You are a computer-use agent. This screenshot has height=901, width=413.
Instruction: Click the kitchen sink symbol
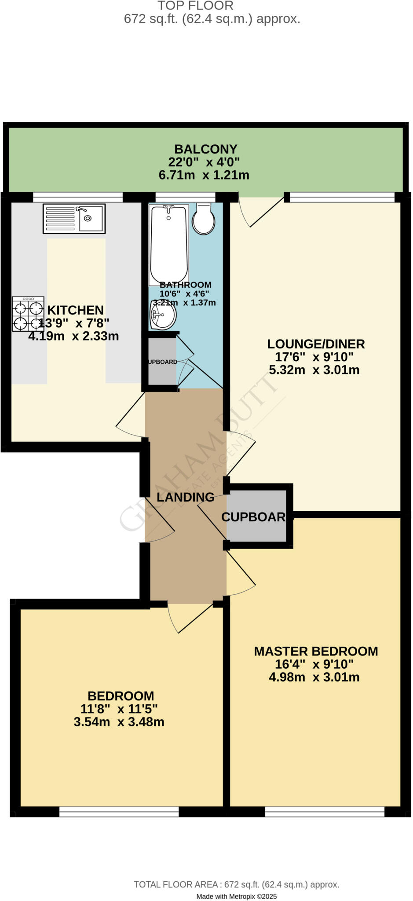74,218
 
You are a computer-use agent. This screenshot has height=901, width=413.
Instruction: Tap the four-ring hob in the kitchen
28,314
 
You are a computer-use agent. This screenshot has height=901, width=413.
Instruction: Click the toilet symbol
204,219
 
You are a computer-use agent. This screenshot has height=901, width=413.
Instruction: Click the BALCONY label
205,149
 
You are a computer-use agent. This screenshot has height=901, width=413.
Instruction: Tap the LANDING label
185,497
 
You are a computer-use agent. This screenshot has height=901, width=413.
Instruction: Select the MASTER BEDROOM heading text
316,651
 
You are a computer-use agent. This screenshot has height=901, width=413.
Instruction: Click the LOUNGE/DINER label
316,344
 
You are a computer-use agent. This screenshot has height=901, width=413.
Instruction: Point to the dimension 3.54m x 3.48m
119,722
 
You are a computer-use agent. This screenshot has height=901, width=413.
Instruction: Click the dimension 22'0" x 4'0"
204,162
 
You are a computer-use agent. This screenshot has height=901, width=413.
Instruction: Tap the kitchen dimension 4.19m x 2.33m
73,336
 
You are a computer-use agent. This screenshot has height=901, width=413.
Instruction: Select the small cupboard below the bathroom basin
162,362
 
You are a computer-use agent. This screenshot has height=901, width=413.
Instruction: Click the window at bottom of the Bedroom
119,812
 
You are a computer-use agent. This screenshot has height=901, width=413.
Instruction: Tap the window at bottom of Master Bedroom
325,812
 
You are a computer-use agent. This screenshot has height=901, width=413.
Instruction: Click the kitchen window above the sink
78,197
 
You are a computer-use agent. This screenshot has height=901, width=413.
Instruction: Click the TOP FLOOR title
195,6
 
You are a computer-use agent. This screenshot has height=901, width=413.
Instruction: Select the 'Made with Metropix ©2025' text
236,896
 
